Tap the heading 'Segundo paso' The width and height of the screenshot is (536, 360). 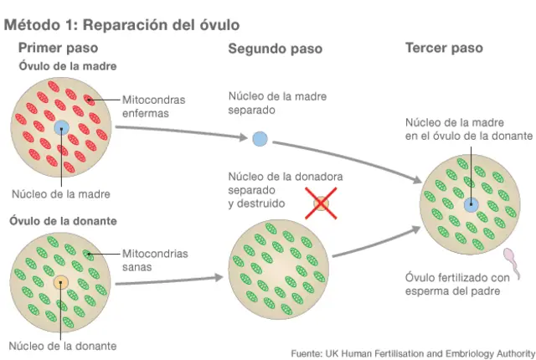click(276, 49)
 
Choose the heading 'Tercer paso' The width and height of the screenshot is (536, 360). click(444, 48)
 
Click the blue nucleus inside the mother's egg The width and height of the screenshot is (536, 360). click(62, 129)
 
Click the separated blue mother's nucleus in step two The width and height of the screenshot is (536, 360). click(260, 138)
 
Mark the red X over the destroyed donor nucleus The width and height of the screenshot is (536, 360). click(320, 203)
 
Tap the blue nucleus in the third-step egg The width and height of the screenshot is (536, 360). click(471, 203)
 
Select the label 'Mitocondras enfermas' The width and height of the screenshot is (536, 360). click(154, 105)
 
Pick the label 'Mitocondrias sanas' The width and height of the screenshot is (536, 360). click(156, 260)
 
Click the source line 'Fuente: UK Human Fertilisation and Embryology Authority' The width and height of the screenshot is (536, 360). click(412, 352)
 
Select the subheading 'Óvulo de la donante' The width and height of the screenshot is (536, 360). click(62, 222)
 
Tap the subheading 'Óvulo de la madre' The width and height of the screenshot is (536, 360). click(68, 66)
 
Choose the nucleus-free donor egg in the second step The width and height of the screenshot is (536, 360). click(277, 269)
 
